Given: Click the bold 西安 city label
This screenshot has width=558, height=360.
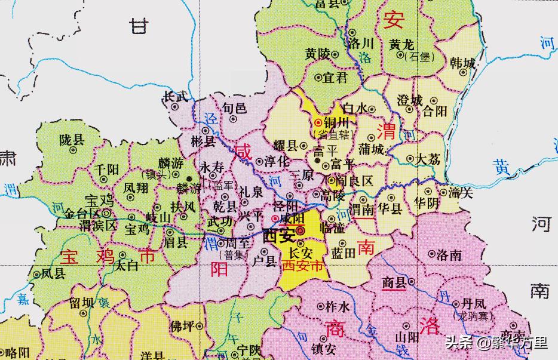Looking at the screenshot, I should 278,234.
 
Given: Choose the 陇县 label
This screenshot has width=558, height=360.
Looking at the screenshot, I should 72,140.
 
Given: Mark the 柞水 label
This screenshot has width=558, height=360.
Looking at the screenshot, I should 336,307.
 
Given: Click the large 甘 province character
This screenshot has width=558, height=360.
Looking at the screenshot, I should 140,26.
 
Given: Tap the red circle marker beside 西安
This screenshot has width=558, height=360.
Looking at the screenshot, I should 301,231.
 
